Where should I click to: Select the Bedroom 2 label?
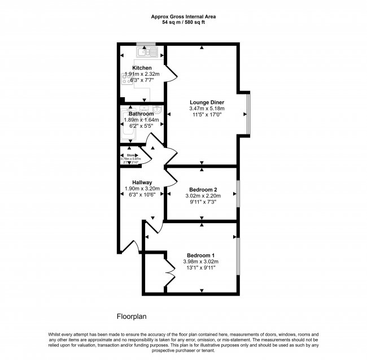point(203,189)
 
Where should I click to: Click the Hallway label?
point(142,182)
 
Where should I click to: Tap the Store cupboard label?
point(132,155)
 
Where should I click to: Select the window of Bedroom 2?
point(237,194)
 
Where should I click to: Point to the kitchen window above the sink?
point(146,45)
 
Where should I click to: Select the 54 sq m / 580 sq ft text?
point(183,23)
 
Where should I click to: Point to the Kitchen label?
point(142,68)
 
